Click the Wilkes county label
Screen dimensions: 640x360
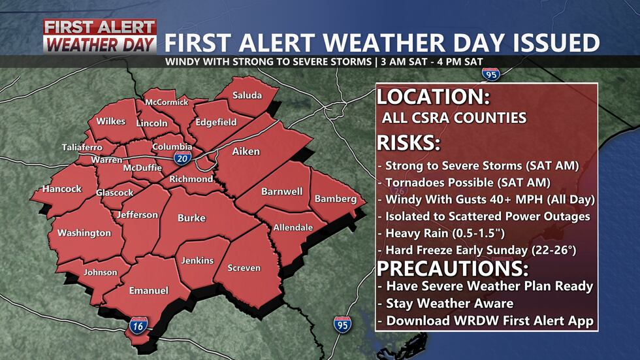pyautogui.click(x=111, y=122)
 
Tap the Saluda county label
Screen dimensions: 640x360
pyautogui.click(x=247, y=95)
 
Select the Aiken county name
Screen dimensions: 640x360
pyautogui.click(x=246, y=152)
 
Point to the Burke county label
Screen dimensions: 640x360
pyautogui.click(x=191, y=218)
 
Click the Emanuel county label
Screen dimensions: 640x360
pyautogui.click(x=148, y=290)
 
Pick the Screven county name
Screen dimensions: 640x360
pyautogui.click(x=244, y=268)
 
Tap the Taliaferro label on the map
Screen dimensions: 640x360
pyautogui.click(x=82, y=147)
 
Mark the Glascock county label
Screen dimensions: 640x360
pyautogui.click(x=114, y=193)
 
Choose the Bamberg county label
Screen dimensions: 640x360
pyautogui.click(x=336, y=199)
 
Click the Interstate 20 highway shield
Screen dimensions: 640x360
pyautogui.click(x=182, y=158)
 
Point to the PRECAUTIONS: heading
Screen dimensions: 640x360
pyautogui.click(x=453, y=269)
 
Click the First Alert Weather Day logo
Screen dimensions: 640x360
pyautogui.click(x=100, y=36)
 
